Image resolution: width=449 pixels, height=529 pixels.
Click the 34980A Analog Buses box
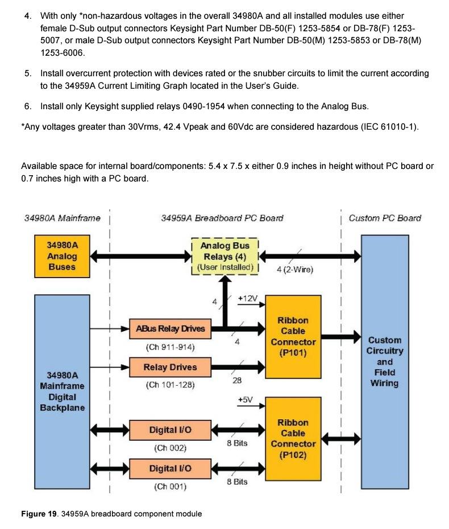[x=62, y=256]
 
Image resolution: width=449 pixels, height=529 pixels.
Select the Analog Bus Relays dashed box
[x=225, y=256]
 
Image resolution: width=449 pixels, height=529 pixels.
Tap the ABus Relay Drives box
[x=170, y=328]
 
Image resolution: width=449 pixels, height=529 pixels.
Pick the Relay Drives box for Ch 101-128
[x=170, y=367]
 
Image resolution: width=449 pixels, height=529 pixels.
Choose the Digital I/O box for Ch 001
[x=170, y=468]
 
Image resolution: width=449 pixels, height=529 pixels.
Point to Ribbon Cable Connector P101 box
[x=293, y=336]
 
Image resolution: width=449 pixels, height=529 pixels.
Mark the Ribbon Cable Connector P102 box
[x=293, y=439]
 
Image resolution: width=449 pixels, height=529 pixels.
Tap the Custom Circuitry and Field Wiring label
[x=385, y=361]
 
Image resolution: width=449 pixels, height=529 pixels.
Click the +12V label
[x=248, y=299]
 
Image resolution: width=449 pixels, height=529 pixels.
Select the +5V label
[x=245, y=400]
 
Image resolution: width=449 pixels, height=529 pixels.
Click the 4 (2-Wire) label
[x=294, y=270]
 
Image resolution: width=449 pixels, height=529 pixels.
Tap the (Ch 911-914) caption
[x=170, y=346]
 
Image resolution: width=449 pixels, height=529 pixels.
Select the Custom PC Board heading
[x=385, y=218]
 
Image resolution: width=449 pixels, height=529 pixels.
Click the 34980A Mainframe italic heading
[x=62, y=218]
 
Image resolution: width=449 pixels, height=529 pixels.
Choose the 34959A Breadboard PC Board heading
[x=222, y=218]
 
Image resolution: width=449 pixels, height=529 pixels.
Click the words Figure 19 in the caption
[x=40, y=514]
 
